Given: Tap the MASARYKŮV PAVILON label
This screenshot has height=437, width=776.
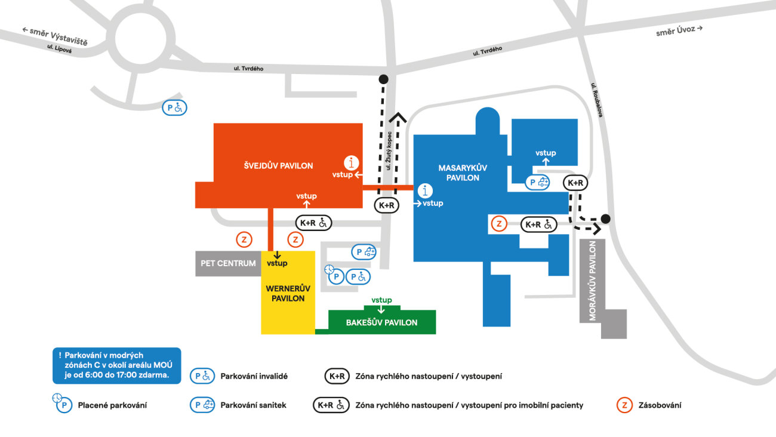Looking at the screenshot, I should click(459, 173).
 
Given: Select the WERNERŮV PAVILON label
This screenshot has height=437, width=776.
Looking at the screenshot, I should click(288, 293).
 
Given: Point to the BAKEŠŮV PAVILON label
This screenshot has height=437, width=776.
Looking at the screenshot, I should click(382, 322).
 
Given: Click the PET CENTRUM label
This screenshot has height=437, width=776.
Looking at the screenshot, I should click(228, 263).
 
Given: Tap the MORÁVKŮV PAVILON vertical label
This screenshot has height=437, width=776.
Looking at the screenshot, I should click(593, 281).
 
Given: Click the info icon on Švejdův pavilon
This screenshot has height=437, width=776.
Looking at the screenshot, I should click(353, 162).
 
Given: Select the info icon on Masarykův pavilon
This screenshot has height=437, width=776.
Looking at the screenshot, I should click(425, 191).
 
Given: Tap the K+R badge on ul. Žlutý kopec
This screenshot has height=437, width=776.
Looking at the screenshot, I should click(386, 205).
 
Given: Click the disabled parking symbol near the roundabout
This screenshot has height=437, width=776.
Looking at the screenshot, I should click(175, 108).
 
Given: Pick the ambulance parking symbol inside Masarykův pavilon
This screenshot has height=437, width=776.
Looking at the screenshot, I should click(537, 183).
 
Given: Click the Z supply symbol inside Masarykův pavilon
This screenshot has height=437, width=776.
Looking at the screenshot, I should click(499, 224).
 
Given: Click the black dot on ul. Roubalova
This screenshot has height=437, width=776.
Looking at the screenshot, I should click(606, 219).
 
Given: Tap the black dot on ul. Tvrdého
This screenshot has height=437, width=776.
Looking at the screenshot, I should click(383, 79).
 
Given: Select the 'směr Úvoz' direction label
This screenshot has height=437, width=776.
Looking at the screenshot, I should click(679, 30).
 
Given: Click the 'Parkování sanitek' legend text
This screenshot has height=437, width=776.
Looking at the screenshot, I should click(253, 405).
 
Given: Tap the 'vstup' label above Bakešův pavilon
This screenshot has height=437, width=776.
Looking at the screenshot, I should click(381, 300).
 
